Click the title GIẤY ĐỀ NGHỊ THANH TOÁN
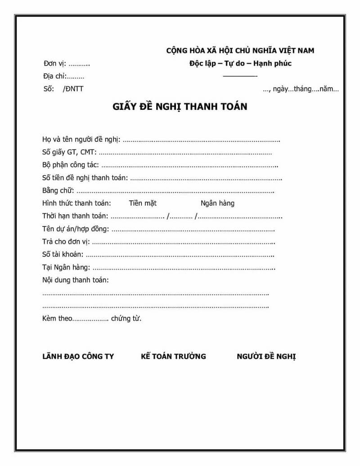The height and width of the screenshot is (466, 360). (180, 108)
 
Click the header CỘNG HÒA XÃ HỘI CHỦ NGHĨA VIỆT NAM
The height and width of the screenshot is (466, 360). (240, 50)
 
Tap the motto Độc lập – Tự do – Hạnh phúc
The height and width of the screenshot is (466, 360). (240, 63)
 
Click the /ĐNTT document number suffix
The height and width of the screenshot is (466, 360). (73, 89)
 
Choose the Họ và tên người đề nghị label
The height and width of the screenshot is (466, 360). (81, 140)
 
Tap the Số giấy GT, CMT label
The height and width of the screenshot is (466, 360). (69, 152)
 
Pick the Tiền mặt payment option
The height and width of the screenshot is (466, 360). (143, 203)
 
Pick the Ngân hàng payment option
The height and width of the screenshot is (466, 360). (217, 203)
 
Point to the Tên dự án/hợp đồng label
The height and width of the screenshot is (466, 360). (76, 229)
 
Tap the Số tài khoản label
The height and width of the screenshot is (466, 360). (62, 254)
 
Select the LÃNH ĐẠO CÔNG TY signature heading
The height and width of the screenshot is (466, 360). (78, 357)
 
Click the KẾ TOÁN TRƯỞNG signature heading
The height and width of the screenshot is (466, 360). (173, 357)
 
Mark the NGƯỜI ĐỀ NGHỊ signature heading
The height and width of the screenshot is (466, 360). (266, 357)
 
